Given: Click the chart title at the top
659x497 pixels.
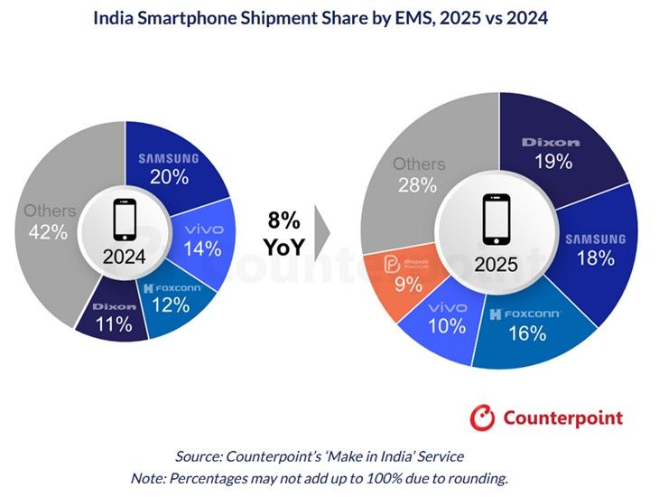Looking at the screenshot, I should coord(329,18).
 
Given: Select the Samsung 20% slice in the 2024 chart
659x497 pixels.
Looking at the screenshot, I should coord(169,168).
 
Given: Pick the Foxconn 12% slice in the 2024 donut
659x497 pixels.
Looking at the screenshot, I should coord(172,298).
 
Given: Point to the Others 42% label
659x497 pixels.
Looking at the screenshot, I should coord(49,221).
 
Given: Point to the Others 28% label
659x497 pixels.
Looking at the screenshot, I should coord(418,173).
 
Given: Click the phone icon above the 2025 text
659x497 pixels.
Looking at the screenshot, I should coord(496,219).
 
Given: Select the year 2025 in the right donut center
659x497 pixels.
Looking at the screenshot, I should coord(496,266).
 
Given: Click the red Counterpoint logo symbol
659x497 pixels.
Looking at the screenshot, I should coord(484,417).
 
